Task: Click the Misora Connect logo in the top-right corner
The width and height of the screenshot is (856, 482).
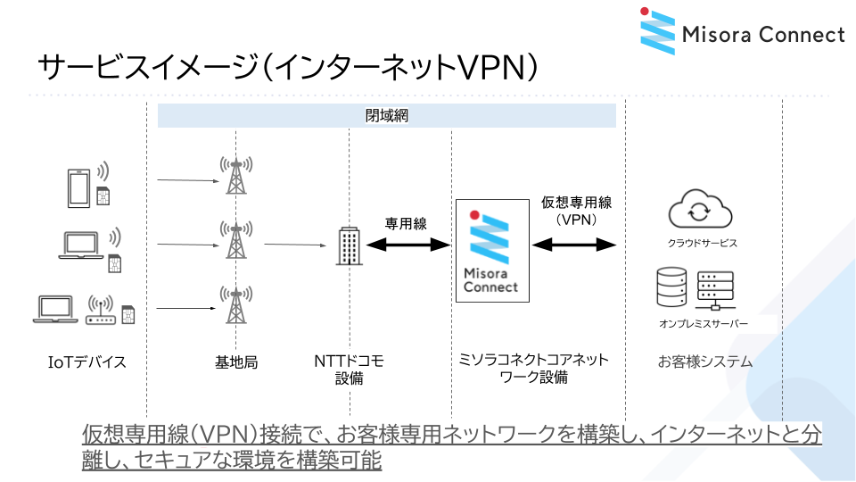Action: point(742,34)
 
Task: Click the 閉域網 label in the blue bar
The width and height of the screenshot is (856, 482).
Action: point(387,116)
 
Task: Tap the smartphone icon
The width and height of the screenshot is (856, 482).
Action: point(78,187)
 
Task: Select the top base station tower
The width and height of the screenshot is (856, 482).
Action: point(235,176)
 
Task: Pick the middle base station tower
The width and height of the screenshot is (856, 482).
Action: point(235,241)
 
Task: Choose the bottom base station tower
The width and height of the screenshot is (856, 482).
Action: point(235,306)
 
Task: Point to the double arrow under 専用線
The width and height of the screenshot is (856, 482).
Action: point(406,245)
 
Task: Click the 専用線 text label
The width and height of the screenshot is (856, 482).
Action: point(406,223)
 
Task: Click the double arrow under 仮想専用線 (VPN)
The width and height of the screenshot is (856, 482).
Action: point(574,244)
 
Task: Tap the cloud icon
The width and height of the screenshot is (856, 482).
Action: point(700,210)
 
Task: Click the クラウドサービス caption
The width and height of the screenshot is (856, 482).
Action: point(703,243)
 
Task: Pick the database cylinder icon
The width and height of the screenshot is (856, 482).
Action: point(671,286)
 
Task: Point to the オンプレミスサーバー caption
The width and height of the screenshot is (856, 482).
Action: point(704,323)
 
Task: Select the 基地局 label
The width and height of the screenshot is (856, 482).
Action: point(236,362)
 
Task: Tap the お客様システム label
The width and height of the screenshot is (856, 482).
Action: point(704,362)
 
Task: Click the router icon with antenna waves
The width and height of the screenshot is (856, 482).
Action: point(101,309)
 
